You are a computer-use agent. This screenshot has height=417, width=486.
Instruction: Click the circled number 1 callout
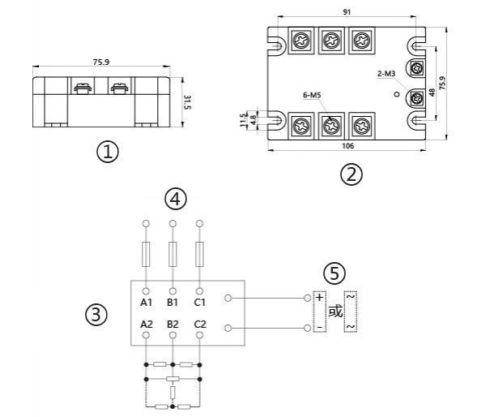coord(107,151)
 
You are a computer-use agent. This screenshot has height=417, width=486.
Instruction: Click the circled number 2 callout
coord(350,174)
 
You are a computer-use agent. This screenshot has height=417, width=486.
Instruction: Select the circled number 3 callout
coord(96,315)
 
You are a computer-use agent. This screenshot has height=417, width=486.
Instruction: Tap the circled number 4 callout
coord(175,197)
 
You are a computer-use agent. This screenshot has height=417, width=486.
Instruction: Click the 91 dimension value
coord(347,13)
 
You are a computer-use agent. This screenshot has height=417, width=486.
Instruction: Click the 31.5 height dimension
coord(186,101)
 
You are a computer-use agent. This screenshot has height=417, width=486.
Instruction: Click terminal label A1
coord(146,303)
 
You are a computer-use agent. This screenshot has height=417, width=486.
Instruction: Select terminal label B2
coord(173,324)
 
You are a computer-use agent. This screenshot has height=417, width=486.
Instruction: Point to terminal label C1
coord(199,303)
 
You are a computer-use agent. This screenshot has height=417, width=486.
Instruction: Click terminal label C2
coord(199,324)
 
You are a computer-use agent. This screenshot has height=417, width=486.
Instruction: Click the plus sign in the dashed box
coord(319,298)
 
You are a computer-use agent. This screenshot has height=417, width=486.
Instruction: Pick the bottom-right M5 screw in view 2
coord(357,126)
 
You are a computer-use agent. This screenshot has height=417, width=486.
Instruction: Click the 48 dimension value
coord(434,91)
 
